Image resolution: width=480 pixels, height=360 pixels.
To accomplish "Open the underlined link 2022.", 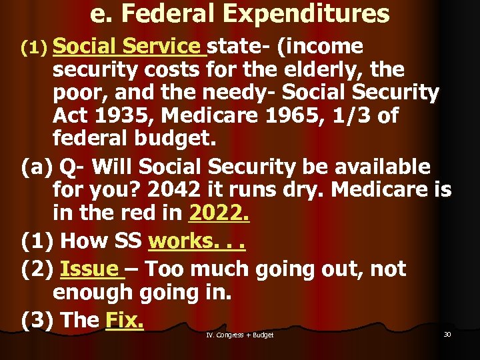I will point(220,213).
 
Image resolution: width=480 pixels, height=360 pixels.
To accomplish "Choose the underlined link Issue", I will point(89,269).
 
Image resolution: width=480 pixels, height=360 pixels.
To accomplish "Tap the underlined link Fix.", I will point(125,320).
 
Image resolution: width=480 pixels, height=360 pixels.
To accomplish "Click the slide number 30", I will point(447,334).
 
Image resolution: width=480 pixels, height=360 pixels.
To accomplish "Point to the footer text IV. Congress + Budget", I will point(239,335).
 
